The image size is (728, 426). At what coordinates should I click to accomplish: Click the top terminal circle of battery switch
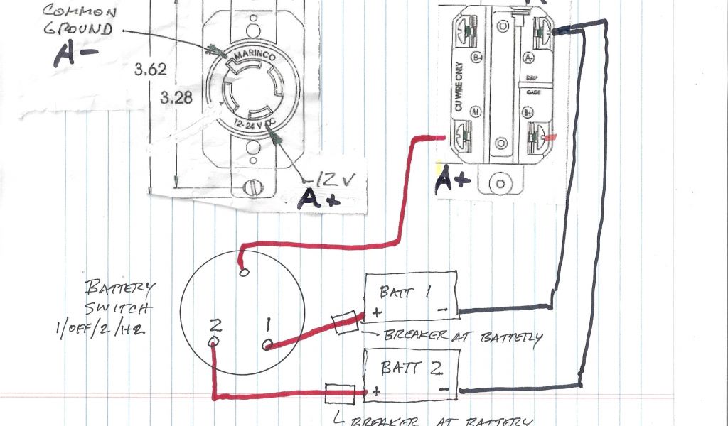pyautogui.click(x=245, y=271)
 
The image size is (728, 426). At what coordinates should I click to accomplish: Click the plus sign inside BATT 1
pyautogui.click(x=375, y=312)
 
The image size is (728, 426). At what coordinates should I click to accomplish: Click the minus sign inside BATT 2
pyautogui.click(x=443, y=389)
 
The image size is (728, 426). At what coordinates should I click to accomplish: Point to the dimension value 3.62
pyautogui.click(x=149, y=70)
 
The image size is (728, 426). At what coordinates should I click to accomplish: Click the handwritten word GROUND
pyautogui.click(x=78, y=30)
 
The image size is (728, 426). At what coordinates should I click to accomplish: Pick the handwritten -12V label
pyautogui.click(x=327, y=175)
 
